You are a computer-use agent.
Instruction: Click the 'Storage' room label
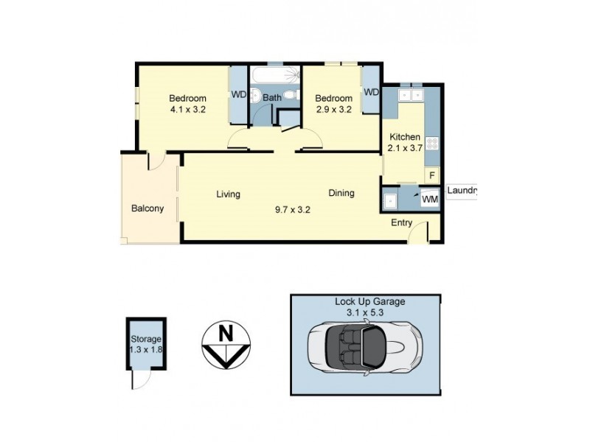coord(146,338)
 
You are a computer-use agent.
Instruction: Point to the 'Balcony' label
coord(147,208)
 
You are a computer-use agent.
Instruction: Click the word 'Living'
coord(229,194)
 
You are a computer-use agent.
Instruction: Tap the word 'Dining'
coord(341,193)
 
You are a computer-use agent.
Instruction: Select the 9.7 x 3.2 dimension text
coord(293,208)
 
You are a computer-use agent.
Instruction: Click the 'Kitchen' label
coord(405,137)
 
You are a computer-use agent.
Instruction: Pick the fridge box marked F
coord(432,175)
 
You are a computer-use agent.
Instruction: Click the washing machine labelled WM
coord(429,198)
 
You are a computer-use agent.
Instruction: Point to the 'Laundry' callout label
coord(462,189)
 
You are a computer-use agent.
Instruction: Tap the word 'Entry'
coord(402,223)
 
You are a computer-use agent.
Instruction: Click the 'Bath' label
coord(273,97)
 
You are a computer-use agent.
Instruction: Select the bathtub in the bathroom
coord(275,76)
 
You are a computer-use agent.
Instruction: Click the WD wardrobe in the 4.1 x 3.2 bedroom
coord(239,94)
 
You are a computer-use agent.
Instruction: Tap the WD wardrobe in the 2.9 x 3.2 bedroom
coord(370,92)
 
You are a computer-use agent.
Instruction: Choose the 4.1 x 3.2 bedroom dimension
coord(187,110)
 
